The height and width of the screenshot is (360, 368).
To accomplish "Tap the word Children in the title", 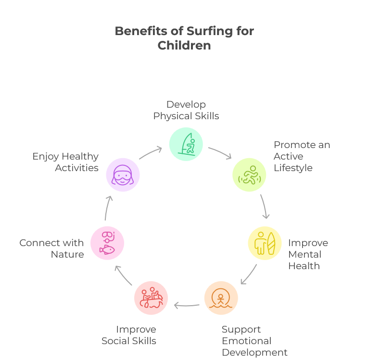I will [x=184, y=46].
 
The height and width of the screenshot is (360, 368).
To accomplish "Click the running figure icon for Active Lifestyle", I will [x=249, y=174].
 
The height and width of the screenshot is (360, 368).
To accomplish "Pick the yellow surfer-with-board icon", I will [x=265, y=243].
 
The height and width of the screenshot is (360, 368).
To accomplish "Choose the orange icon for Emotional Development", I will [x=221, y=298].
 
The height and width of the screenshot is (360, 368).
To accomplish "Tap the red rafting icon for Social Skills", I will [x=151, y=298].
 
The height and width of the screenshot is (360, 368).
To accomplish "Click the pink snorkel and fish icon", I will [x=107, y=242].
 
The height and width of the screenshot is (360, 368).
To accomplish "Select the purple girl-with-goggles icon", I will [x=123, y=174].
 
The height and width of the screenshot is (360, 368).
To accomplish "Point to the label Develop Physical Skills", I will [x=186, y=110].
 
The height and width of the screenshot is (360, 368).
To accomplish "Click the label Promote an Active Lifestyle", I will [x=302, y=156].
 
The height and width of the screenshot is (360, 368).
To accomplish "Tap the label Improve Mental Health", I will [x=308, y=254].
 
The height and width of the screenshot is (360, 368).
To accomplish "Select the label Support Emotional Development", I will [x=254, y=341].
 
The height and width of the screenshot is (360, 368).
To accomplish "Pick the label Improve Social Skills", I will [x=129, y=335].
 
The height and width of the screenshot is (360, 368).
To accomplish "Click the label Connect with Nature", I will [x=51, y=248].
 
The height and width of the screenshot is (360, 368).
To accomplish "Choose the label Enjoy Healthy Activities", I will [x=65, y=162].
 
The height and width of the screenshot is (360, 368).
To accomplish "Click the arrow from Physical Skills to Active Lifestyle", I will [x=220, y=152].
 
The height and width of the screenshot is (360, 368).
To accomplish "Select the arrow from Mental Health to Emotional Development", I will [x=248, y=274].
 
